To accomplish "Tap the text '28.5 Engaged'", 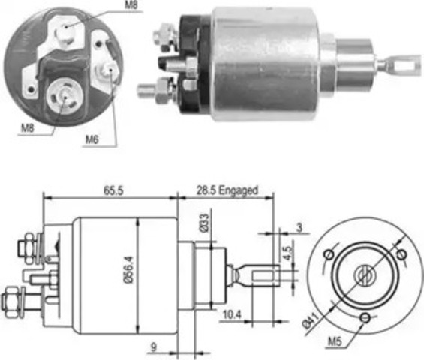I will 229,191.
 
